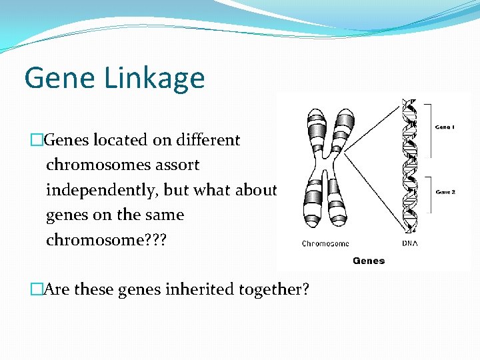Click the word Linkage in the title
coord(155,79)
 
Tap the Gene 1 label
coord(445,127)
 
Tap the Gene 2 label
coord(445,191)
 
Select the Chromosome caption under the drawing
coord(325,244)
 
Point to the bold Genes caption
coord(369,261)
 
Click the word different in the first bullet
coord(208,140)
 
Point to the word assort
coord(177,165)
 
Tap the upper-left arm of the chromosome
coord(314,130)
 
